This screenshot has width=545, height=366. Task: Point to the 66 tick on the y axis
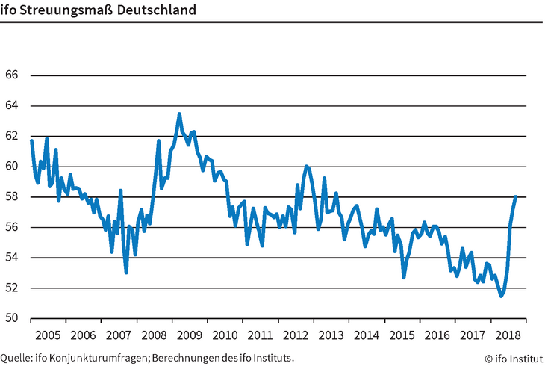(11, 75)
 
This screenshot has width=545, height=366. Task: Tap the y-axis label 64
(11, 106)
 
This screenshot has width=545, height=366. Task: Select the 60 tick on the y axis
(11, 167)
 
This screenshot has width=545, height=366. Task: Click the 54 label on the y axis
(11, 258)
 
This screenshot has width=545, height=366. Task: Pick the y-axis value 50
(11, 318)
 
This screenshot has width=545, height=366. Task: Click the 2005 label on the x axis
(49, 335)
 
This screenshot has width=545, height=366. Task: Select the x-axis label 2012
(297, 335)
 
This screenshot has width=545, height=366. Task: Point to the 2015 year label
(404, 335)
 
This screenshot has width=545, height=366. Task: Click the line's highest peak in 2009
(179, 114)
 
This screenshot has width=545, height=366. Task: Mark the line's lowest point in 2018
(501, 296)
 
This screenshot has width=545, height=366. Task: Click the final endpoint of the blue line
(516, 196)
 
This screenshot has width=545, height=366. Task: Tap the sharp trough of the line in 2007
(126, 273)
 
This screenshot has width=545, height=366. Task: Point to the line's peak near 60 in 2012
(306, 166)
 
